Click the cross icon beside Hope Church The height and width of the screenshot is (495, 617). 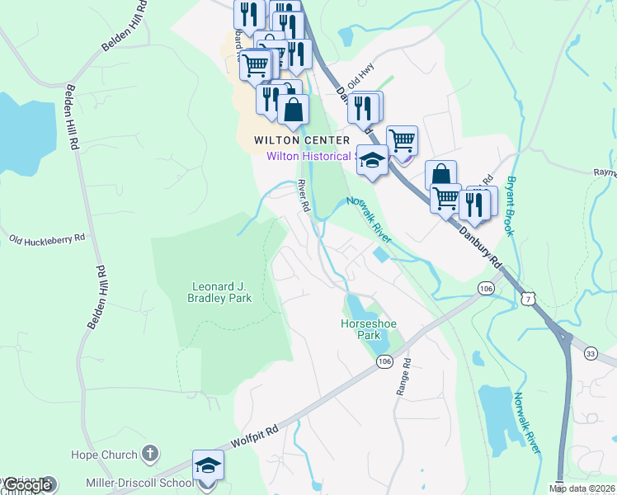coord(149,453)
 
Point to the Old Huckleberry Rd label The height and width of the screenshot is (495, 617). coord(47,238)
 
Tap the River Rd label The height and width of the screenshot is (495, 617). coord(303,195)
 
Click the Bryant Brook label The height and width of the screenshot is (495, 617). coord(511,206)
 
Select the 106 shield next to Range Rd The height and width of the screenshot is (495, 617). coord(385,362)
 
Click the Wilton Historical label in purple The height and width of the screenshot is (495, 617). coord(310,155)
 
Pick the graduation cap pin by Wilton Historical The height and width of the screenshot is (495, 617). coord(372,161)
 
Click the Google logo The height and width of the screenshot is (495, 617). coord(27,486)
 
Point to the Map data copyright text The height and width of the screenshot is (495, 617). coord(582,488)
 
